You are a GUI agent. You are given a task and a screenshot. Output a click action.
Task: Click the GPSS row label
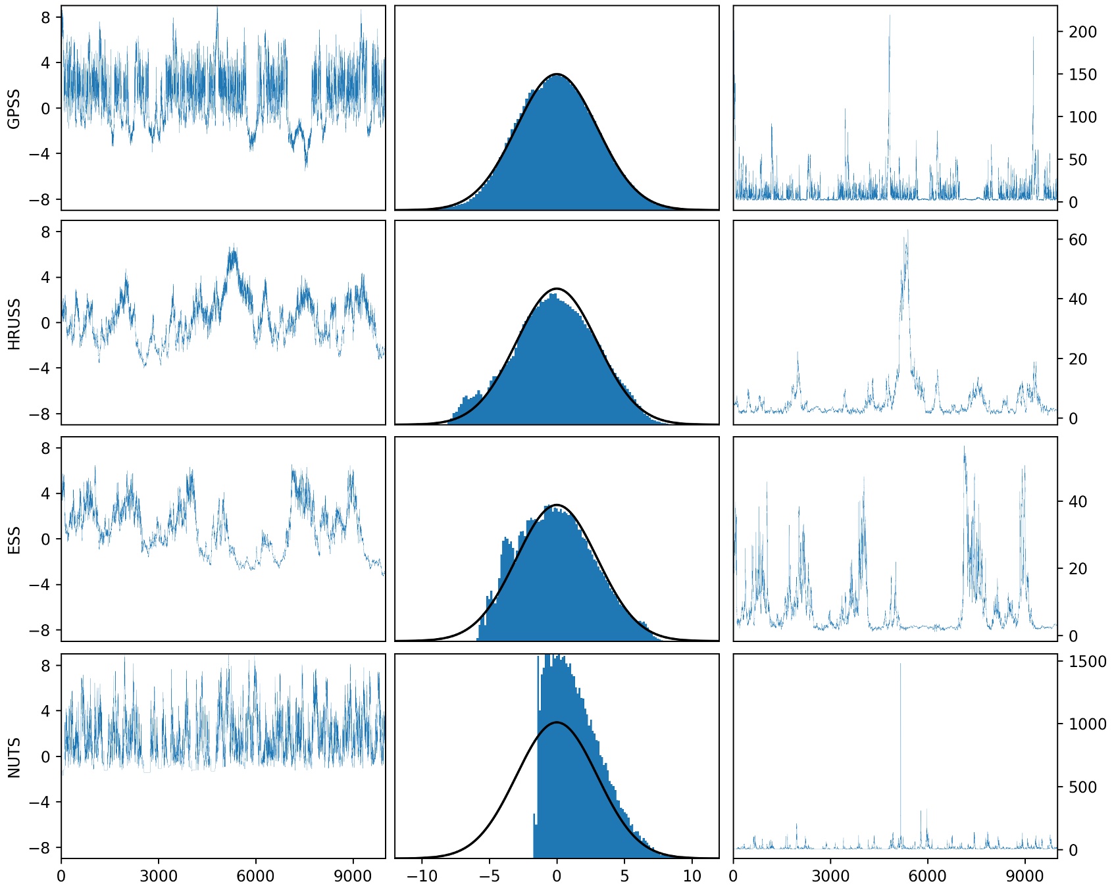pos(14,109)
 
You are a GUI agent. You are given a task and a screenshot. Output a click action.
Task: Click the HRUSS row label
pos(14,324)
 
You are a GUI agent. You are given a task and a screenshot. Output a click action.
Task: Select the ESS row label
pos(14,540)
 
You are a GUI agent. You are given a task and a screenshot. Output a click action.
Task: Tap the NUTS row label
pos(14,756)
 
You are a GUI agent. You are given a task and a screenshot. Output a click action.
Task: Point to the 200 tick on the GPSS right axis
pos(1082,32)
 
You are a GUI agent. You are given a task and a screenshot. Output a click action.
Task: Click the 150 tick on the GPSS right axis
pos(1082,75)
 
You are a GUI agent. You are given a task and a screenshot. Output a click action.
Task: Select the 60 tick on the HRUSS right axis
pos(1078,240)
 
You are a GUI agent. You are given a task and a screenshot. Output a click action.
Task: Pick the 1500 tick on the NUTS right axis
pos(1087,662)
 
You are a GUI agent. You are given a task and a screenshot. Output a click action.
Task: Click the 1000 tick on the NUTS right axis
pos(1087,724)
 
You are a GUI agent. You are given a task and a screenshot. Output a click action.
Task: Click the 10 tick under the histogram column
pos(692,876)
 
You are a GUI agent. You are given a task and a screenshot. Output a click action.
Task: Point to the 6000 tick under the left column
pos(255,876)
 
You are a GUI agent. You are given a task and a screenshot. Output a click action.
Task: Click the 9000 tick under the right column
pos(1025,876)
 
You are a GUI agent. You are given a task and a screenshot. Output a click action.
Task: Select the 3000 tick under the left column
pos(159,876)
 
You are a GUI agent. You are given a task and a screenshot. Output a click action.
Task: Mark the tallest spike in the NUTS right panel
pos(901,664)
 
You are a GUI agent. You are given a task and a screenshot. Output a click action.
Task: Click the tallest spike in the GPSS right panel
pos(889,16)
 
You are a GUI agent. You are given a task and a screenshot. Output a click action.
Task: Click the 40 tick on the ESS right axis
pos(1078,502)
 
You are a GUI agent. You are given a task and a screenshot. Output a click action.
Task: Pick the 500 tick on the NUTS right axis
pos(1082,787)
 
